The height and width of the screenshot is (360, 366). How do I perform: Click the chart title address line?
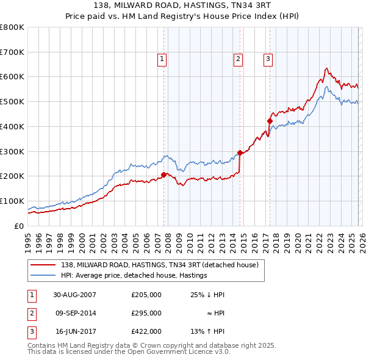tap(182, 5)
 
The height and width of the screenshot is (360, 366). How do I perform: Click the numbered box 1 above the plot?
tap(162, 59)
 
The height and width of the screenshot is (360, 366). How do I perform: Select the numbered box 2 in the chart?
tap(238, 59)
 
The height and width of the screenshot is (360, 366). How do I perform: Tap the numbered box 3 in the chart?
tap(268, 59)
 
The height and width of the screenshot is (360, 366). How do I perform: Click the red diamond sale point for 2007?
tap(163, 175)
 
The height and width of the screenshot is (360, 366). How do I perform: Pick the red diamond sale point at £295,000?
tap(240, 153)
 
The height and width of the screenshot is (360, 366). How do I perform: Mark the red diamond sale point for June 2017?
tap(269, 121)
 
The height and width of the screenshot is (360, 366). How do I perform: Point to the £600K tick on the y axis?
tap(12, 77)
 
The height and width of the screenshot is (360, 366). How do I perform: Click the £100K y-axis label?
tap(12, 201)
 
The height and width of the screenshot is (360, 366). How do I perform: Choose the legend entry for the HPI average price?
tap(134, 275)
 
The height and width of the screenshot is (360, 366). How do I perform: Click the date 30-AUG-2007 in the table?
tap(75, 295)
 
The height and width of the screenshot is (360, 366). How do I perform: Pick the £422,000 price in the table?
tap(146, 333)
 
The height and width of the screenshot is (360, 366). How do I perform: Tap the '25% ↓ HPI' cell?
tap(207, 295)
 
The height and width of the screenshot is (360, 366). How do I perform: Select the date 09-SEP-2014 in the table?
tap(75, 314)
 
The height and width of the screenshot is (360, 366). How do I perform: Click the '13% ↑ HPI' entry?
tap(207, 333)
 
